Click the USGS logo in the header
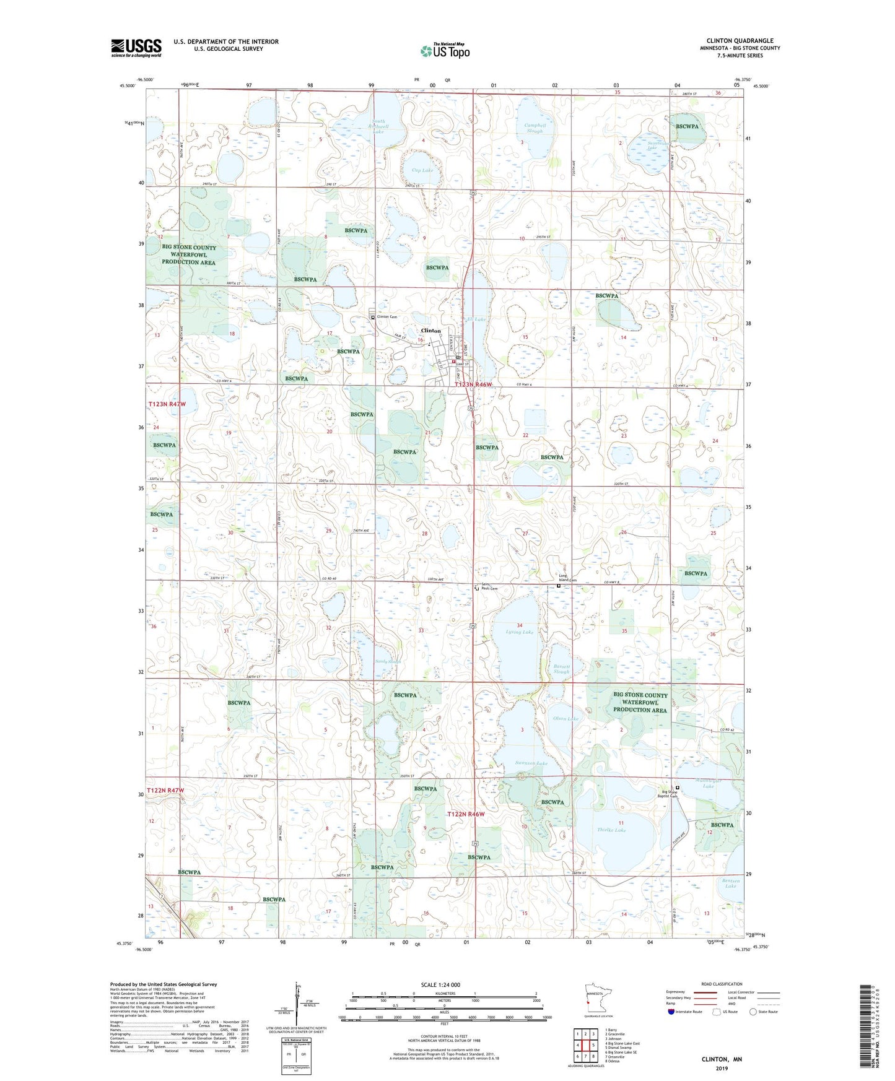coord(136,48)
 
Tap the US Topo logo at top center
coord(445,51)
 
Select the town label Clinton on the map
coord(431,331)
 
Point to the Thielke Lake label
coord(611,830)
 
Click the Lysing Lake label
coord(519,632)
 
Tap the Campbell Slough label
coord(535,128)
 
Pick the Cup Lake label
coord(422,170)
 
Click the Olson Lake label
coord(565,718)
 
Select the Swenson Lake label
coord(531,763)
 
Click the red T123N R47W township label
coord(167,404)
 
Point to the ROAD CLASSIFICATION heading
coord(722,984)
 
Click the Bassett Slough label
coord(561,669)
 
